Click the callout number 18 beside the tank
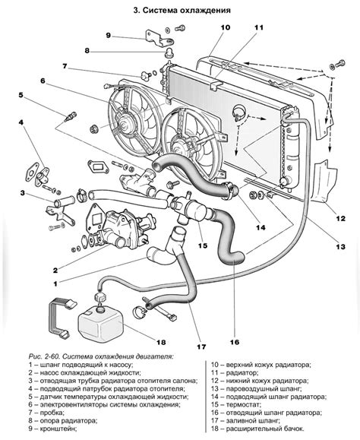pyautogui.click(x=161, y=342)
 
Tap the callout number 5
pyautogui.click(x=21, y=94)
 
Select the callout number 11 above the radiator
pyautogui.click(x=259, y=27)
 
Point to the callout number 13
pyautogui.click(x=341, y=247)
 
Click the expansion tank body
pyautogui.click(x=101, y=326)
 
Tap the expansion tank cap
pyautogui.click(x=100, y=297)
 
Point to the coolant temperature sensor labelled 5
pyautogui.click(x=70, y=117)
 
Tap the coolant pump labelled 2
pyautogui.click(x=121, y=229)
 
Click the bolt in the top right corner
pyautogui.click(x=338, y=64)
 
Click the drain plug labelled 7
pyautogui.click(x=145, y=75)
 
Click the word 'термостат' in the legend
pyautogui.click(x=244, y=405)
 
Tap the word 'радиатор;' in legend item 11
pyautogui.click(x=242, y=373)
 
